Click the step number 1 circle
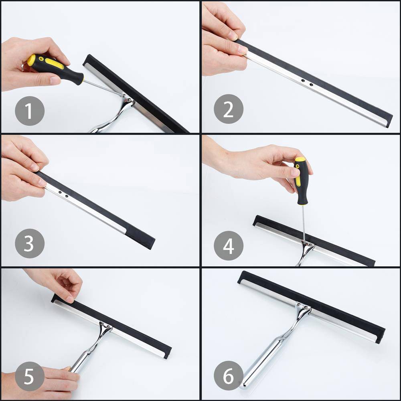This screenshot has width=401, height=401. click(x=30, y=111)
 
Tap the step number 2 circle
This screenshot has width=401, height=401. click(x=229, y=109)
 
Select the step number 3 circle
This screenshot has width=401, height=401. click(x=30, y=243)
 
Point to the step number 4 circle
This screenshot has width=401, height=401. click(x=229, y=245)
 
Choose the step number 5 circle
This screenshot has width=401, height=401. click(x=30, y=376)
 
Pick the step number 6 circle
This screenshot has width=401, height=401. click(x=229, y=376)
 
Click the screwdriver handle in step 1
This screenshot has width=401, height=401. click(x=55, y=68)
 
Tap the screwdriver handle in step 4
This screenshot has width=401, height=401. click(x=301, y=180)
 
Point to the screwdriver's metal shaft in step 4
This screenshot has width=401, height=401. click(x=304, y=223)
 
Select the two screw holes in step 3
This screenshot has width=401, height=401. click(x=63, y=194)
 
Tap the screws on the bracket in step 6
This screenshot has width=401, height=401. click(x=302, y=306)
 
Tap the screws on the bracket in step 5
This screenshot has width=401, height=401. click(x=105, y=325)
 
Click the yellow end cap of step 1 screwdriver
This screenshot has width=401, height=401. click(x=31, y=60)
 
